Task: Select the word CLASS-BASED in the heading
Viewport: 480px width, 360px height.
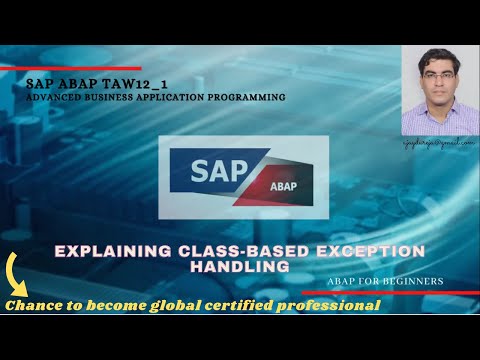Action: [x=226, y=251]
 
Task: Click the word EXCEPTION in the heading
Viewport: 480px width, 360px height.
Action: [x=362, y=251]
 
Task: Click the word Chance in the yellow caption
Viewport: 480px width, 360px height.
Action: [x=33, y=305]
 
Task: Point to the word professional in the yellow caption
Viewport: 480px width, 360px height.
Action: [x=337, y=305]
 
